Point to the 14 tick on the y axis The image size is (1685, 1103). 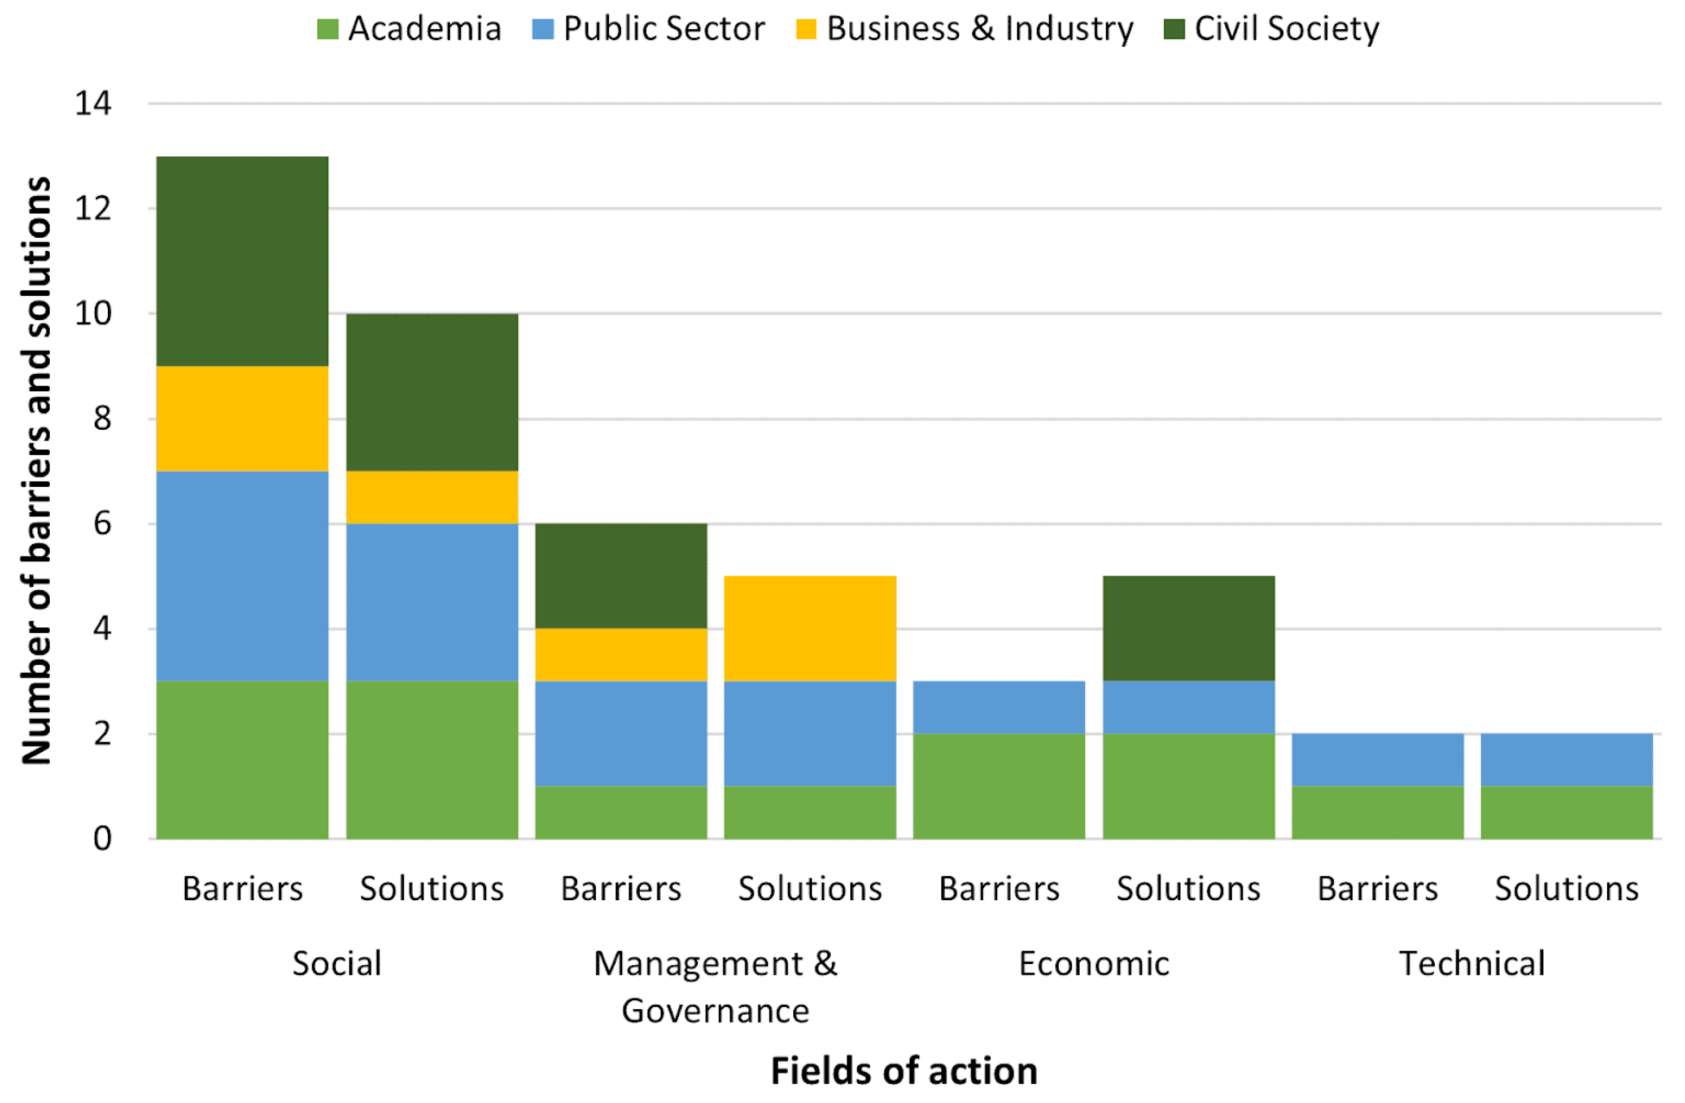point(93,104)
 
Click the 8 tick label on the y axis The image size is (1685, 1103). point(102,419)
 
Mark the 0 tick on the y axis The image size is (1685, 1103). point(102,839)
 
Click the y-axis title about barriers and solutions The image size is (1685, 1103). point(37,471)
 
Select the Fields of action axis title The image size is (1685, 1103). point(904,1070)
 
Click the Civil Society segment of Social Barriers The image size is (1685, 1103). point(242,261)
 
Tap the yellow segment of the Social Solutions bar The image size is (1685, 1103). point(432,498)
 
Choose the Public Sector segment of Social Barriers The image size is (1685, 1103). point(242,576)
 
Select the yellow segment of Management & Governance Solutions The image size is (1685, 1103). point(810,629)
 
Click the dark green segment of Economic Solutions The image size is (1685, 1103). point(1189,629)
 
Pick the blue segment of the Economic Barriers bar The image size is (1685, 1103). point(999,707)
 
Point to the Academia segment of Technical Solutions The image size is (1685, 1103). point(1567,812)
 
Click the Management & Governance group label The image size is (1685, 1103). point(715,987)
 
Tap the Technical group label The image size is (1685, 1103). point(1473,964)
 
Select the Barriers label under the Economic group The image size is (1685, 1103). point(999,888)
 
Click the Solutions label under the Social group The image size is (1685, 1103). point(432,888)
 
